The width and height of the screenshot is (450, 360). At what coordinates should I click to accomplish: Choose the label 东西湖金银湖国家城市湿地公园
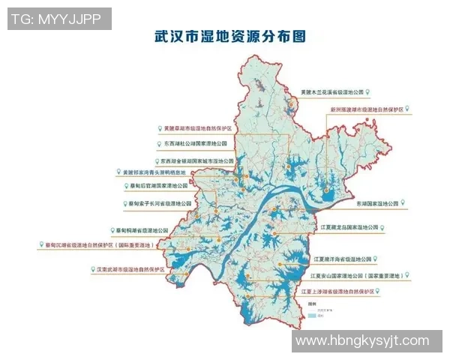click(197, 160)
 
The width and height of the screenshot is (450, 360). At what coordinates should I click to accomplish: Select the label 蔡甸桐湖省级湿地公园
click(148, 229)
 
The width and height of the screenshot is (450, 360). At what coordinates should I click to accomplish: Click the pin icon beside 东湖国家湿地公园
click(404, 202)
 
